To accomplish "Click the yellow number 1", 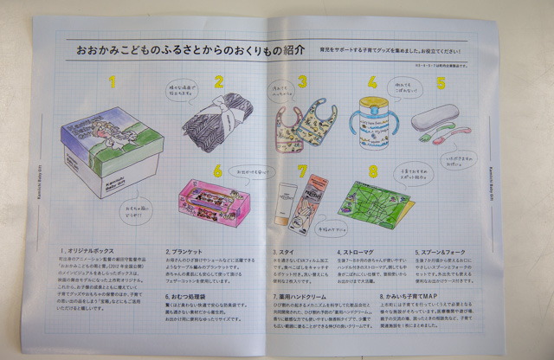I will point(112,84).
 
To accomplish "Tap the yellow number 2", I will point(220,83).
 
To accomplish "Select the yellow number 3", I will point(303,83).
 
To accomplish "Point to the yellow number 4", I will point(372,83).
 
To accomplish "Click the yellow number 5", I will point(440,84).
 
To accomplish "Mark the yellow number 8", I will point(373,170).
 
